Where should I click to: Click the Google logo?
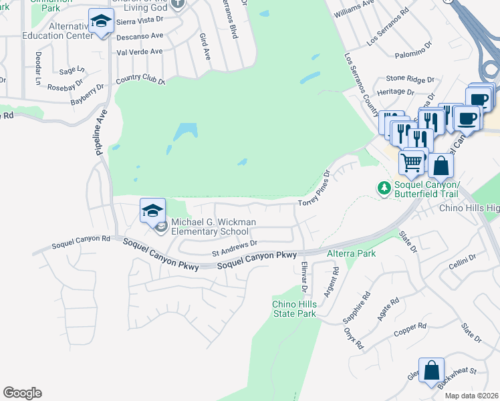[22, 393]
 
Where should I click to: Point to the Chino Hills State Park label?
[293, 309]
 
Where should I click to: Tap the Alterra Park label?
[351, 253]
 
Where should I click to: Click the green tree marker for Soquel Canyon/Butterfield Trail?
[384, 188]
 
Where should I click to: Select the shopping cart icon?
[412, 161]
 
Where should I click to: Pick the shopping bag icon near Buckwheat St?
[432, 370]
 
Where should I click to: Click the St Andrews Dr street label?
[235, 249]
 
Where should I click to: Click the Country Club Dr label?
[140, 80]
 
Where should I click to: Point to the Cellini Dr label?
[463, 258]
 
